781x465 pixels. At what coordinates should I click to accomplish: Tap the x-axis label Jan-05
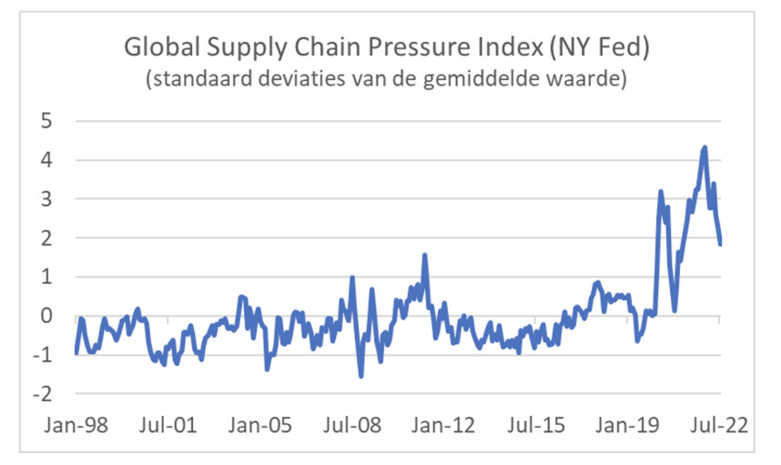(259, 426)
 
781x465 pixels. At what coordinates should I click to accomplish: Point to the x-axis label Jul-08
(351, 426)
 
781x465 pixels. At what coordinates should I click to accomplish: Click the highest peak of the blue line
(705, 147)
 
